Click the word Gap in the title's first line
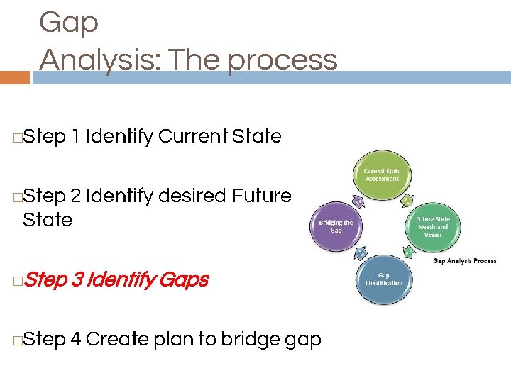point(69,23)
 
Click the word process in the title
point(283,60)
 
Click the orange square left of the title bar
point(15,77)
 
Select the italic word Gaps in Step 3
point(184,280)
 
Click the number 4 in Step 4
point(75,340)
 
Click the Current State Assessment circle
point(381,175)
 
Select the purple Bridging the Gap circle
point(336,226)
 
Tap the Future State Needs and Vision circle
point(432,226)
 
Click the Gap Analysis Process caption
point(465,261)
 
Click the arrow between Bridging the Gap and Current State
point(359,201)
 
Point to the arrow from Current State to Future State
point(406,201)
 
